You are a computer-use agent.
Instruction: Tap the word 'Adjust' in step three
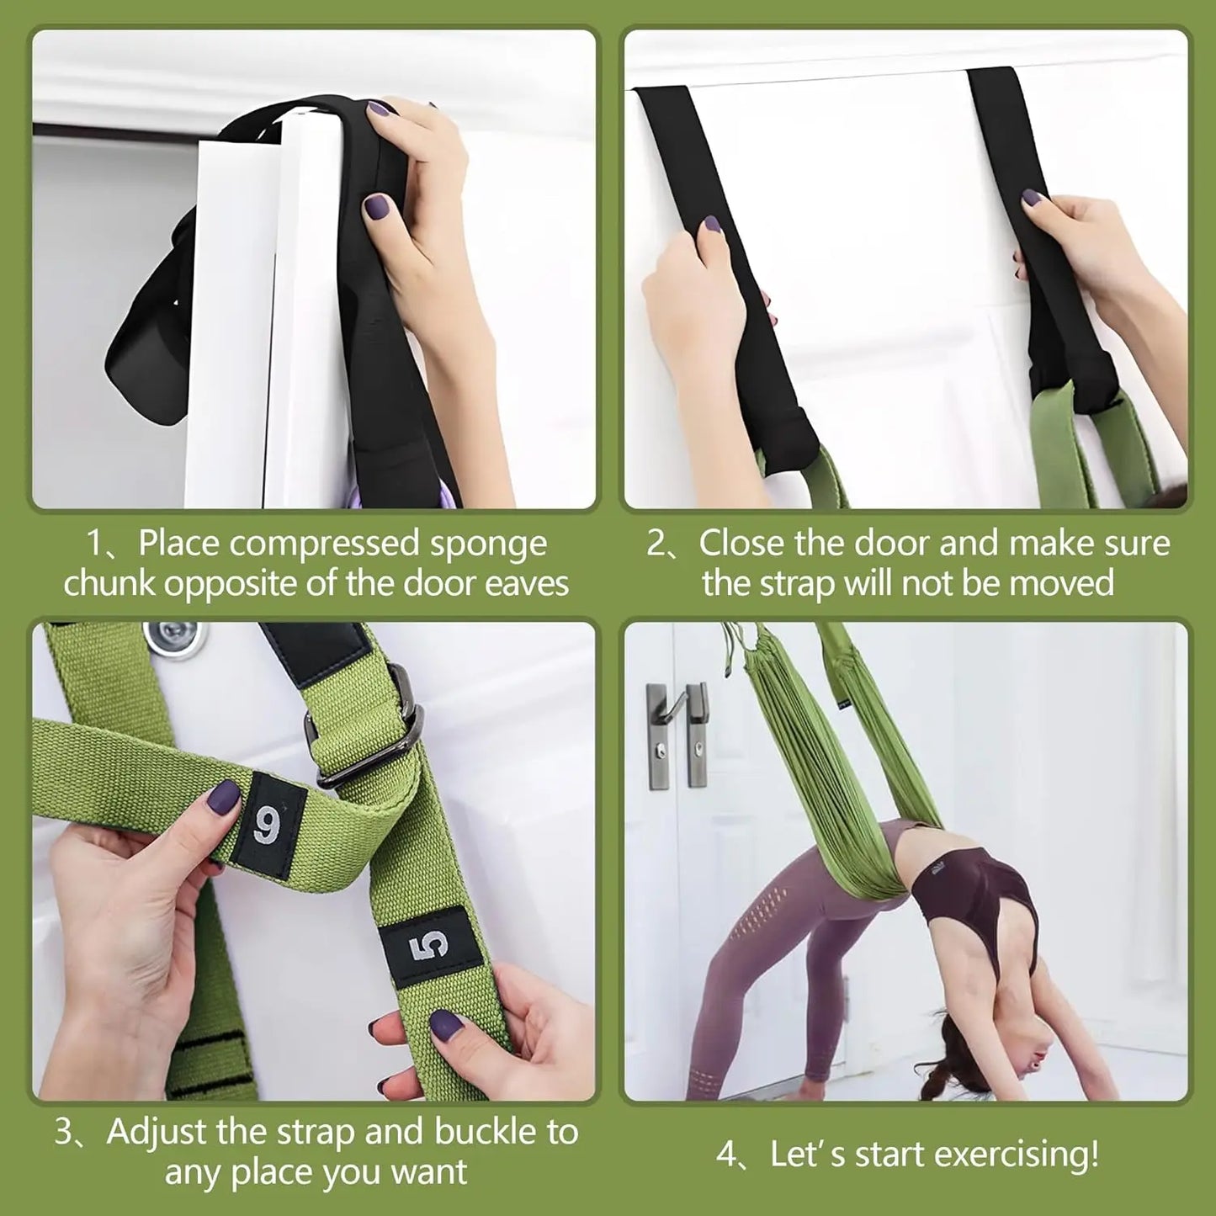(x=157, y=1132)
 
